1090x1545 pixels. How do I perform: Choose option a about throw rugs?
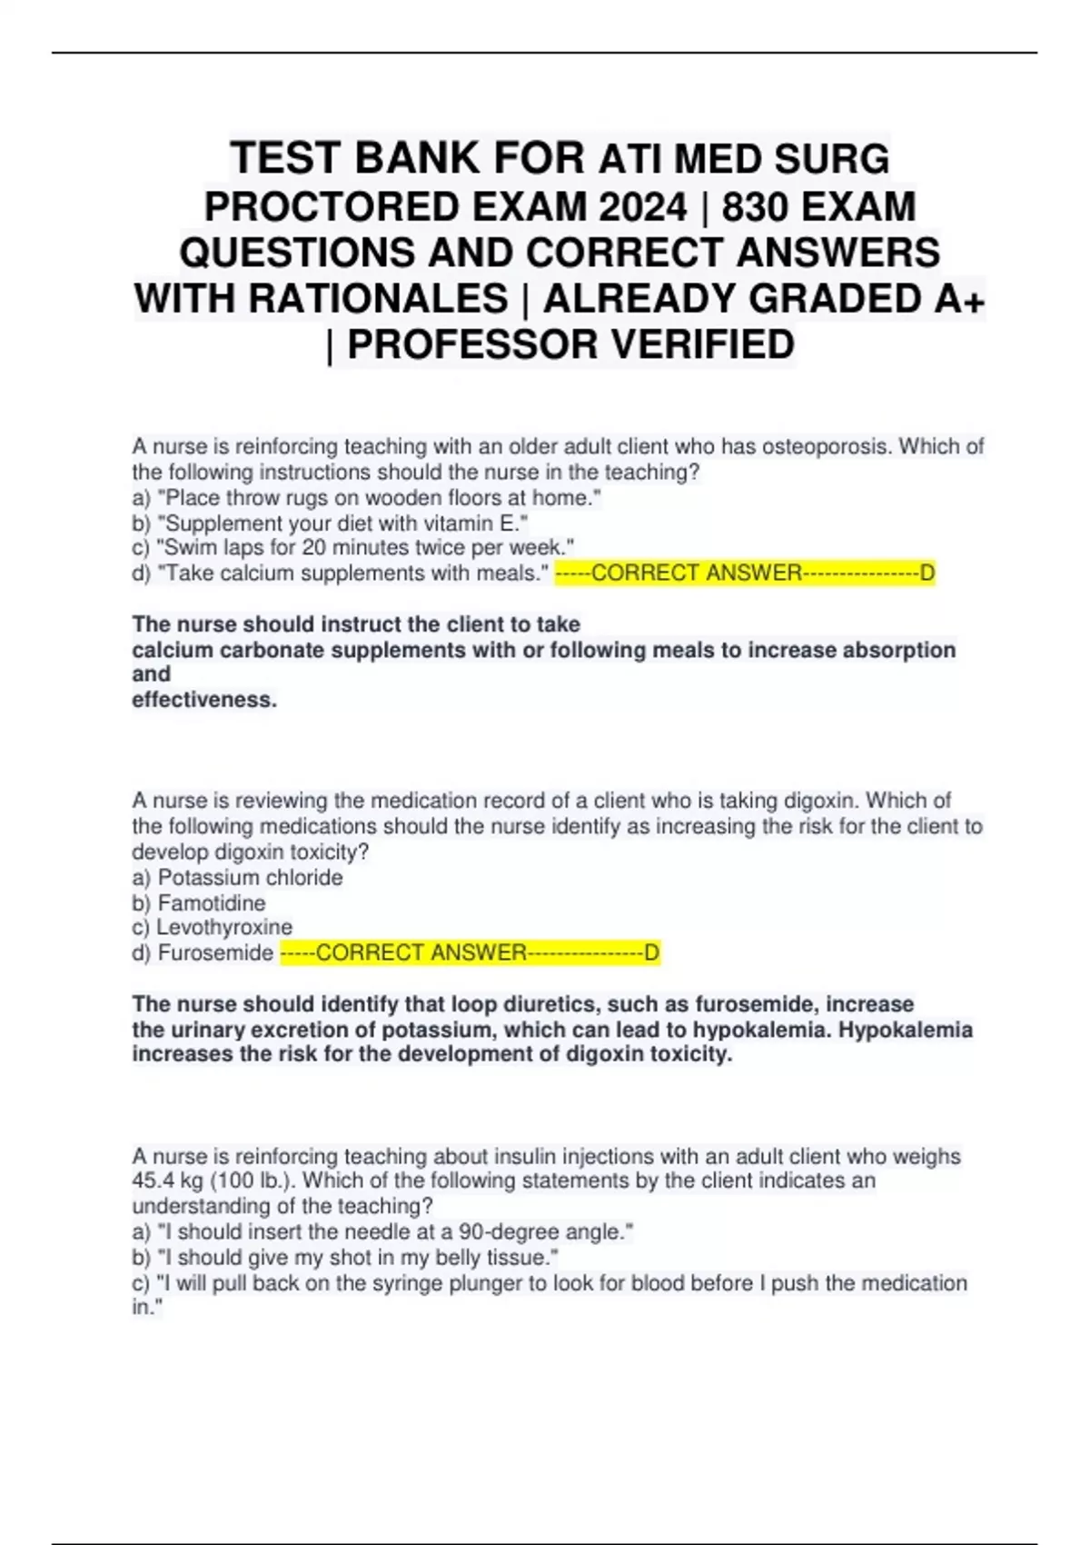pos(367,498)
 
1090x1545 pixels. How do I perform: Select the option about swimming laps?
pos(353,548)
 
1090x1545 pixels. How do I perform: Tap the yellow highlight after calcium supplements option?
pos(745,573)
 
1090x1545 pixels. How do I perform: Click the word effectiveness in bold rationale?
pos(203,700)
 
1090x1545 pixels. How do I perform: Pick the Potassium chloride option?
pos(238,878)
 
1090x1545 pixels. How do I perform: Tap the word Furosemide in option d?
pos(215,953)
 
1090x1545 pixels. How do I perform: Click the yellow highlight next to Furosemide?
pos(470,953)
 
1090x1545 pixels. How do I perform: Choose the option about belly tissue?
pos(345,1258)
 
